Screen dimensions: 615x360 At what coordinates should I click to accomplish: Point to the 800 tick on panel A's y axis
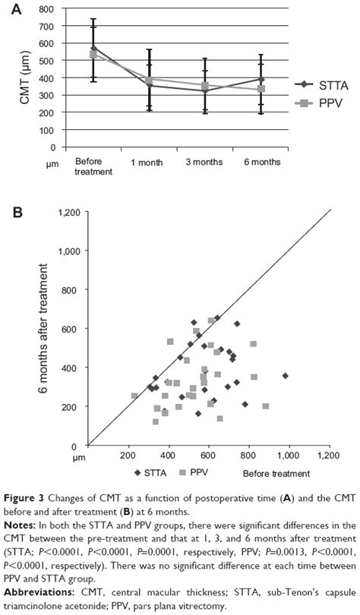(x=49, y=9)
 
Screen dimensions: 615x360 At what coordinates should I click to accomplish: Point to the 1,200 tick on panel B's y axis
(x=71, y=212)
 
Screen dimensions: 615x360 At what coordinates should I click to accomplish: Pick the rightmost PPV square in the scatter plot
(x=266, y=406)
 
